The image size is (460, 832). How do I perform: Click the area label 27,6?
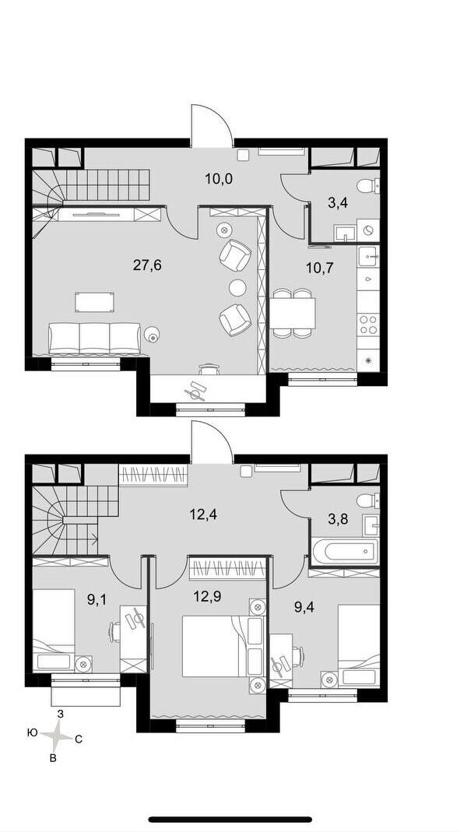pyautogui.click(x=147, y=265)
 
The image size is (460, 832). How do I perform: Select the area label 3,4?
pyautogui.click(x=338, y=202)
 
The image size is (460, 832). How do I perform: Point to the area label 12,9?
pyautogui.click(x=208, y=596)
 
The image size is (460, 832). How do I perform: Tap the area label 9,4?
pyautogui.click(x=304, y=606)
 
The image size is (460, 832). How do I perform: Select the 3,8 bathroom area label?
pyautogui.click(x=338, y=519)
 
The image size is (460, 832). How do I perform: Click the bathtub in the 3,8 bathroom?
pyautogui.click(x=346, y=552)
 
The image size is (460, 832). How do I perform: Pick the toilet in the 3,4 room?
pyautogui.click(x=368, y=186)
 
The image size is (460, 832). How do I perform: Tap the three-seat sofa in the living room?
pyautogui.click(x=94, y=338)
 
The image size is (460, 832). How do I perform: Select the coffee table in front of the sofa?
pyautogui.click(x=94, y=301)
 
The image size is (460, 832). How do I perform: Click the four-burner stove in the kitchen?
pyautogui.click(x=369, y=325)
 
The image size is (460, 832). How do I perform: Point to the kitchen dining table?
pyautogui.click(x=293, y=314)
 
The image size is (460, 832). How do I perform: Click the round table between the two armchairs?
pyautogui.click(x=237, y=288)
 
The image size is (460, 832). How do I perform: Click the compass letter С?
pyautogui.click(x=78, y=739)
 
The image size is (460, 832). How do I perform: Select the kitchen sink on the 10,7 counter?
pyautogui.click(x=369, y=258)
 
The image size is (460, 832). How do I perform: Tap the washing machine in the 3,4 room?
pyautogui.click(x=368, y=231)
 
